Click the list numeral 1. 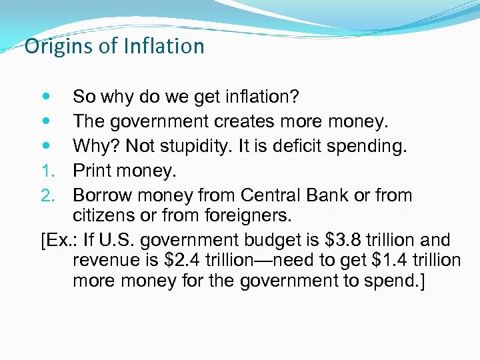(x=45, y=171)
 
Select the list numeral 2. (x=45, y=196)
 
